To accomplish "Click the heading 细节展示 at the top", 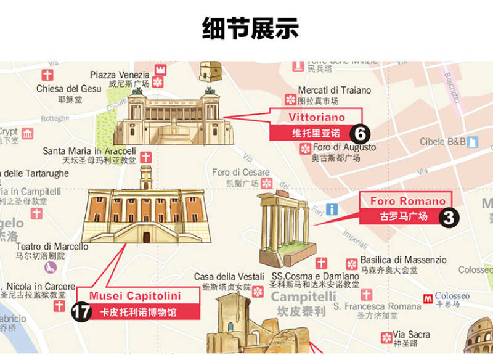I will tap(250, 28).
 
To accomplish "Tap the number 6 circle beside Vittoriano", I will tap(360, 133).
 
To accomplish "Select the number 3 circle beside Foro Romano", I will tap(449, 217).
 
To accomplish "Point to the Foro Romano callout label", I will tap(407, 202).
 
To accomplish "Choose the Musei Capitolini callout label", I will tap(137, 296).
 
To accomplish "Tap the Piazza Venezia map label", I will tap(120, 75).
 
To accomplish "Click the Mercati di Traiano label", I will tap(335, 91).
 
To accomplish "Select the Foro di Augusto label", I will tap(344, 148).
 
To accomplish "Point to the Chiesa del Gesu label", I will tap(68, 89).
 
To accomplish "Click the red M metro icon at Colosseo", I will tap(428, 298).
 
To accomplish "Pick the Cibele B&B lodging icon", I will tap(472, 142).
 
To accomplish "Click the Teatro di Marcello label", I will tap(52, 247).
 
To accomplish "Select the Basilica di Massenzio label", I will tap(403, 260).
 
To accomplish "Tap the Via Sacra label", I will tap(412, 335).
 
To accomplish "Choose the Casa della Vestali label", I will tap(222, 277).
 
